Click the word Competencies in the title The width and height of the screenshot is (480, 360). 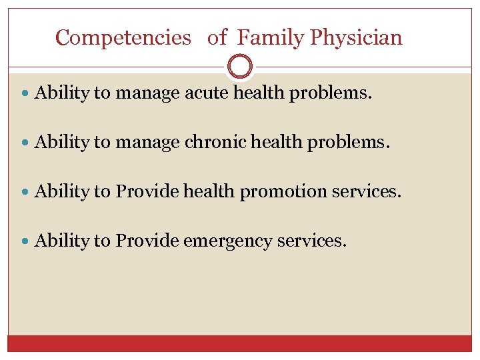click(x=123, y=38)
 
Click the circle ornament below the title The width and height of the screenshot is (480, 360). click(x=240, y=67)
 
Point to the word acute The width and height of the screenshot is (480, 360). click(x=207, y=93)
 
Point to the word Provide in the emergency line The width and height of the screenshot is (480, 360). click(x=147, y=241)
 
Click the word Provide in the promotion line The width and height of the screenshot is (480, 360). click(x=147, y=192)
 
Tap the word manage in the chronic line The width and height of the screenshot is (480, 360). click(x=147, y=143)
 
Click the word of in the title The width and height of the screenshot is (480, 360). click(x=217, y=38)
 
